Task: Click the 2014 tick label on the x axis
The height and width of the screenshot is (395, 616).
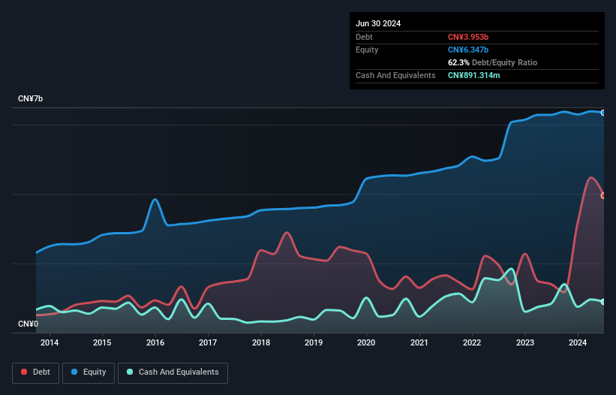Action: [50, 343]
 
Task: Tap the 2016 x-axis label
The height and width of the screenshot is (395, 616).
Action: [155, 343]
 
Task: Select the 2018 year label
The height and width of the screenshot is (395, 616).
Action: [261, 343]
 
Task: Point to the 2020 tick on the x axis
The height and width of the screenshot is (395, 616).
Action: [367, 343]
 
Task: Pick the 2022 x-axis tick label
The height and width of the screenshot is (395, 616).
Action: [473, 343]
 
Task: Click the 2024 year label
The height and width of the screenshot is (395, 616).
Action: [578, 343]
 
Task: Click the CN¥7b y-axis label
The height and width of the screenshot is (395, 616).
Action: [31, 99]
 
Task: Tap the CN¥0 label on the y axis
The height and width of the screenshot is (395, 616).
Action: [28, 324]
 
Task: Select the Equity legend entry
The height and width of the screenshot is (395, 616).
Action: [89, 372]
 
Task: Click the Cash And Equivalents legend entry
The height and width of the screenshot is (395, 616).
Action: [173, 372]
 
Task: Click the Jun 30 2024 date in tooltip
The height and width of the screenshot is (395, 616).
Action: [378, 23]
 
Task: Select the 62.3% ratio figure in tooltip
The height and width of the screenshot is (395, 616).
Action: [459, 62]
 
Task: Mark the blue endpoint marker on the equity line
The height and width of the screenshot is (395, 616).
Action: [603, 113]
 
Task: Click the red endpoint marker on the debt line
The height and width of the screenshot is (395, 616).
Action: [603, 195]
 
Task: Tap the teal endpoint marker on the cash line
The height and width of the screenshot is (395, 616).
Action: [603, 302]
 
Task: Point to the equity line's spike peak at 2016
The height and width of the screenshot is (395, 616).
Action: [155, 199]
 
